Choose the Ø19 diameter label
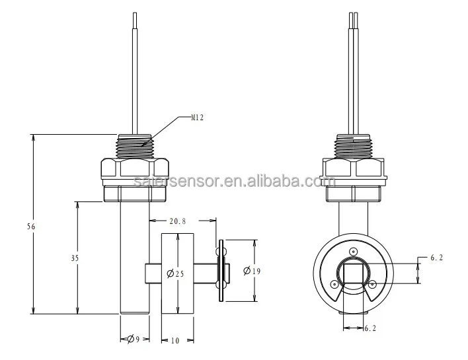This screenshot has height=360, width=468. pos(251,271)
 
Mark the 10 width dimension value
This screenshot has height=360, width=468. pos(175,341)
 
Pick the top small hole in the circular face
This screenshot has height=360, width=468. pos(354,251)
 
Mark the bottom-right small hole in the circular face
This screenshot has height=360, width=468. pos(373,285)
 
